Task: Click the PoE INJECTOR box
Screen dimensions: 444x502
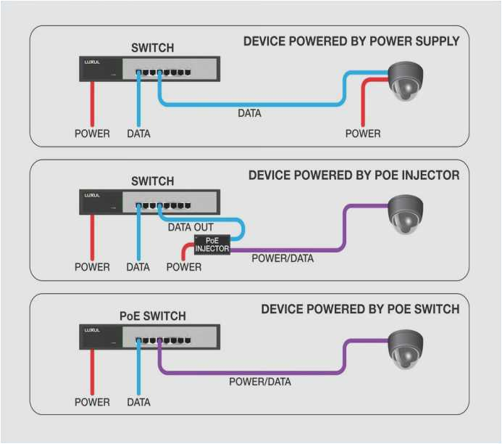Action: tap(212, 244)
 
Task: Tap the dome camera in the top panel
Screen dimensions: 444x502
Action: tap(405, 81)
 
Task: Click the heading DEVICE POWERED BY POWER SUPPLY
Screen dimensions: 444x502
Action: tap(351, 41)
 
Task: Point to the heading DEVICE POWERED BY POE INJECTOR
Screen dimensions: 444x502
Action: tap(354, 176)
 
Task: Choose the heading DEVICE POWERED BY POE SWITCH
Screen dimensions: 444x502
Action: tap(360, 309)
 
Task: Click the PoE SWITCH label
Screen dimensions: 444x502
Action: tap(152, 316)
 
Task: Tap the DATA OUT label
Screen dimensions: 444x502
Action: tap(191, 227)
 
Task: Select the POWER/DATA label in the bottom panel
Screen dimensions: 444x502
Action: tap(260, 382)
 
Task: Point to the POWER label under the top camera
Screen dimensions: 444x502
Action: tap(363, 133)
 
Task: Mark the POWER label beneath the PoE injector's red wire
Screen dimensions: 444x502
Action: tap(184, 267)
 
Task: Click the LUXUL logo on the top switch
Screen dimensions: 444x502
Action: tap(91, 62)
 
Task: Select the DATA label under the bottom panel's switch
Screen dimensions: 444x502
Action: tap(138, 401)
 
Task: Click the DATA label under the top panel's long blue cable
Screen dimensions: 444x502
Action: tap(249, 113)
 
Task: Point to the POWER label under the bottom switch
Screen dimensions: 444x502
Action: tap(92, 401)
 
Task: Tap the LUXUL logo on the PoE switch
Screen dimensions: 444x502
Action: tap(91, 329)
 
